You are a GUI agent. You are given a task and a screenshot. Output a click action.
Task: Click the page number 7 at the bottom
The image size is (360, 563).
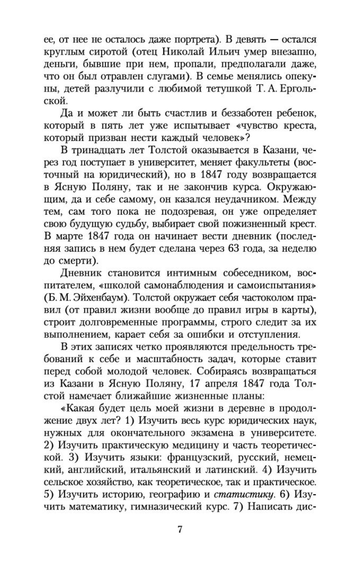click(180, 530)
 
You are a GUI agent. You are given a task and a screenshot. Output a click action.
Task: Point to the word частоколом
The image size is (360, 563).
click(264, 297)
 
